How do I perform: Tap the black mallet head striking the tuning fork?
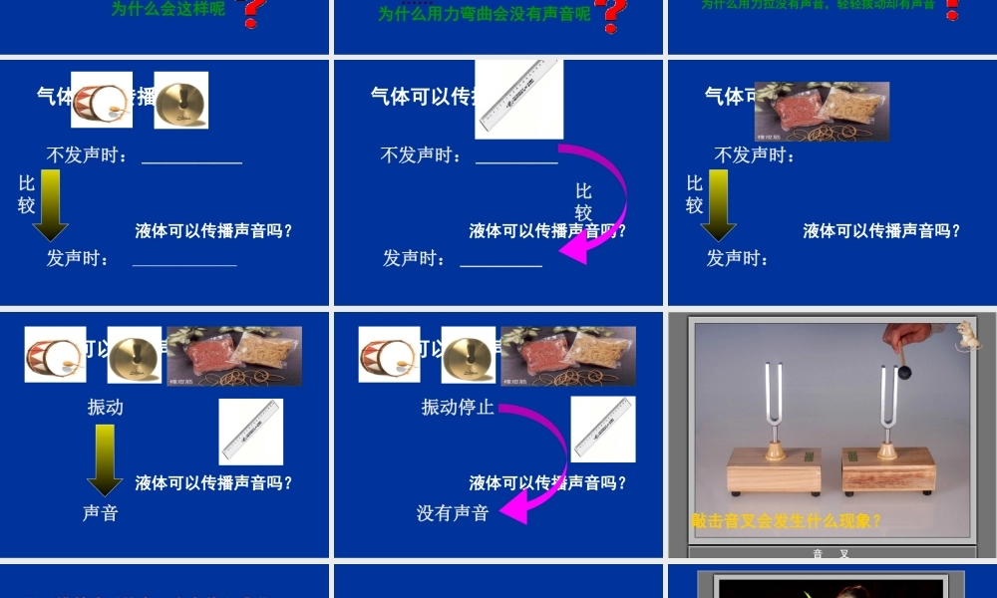click(904, 373)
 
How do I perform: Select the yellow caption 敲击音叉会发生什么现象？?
click(787, 520)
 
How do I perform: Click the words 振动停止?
click(458, 407)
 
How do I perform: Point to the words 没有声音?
click(453, 513)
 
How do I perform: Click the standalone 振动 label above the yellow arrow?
click(106, 407)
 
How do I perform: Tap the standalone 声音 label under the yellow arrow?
click(101, 513)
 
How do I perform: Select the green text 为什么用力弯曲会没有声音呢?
click(484, 14)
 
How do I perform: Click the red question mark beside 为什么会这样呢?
click(253, 12)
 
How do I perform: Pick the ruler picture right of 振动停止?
click(603, 430)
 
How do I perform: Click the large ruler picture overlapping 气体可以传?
click(518, 98)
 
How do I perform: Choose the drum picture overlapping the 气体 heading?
click(101, 100)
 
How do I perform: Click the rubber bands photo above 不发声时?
click(822, 112)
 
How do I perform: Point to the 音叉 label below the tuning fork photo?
click(831, 553)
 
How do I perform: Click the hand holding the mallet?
click(907, 337)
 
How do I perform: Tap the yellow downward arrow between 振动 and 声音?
click(105, 458)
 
